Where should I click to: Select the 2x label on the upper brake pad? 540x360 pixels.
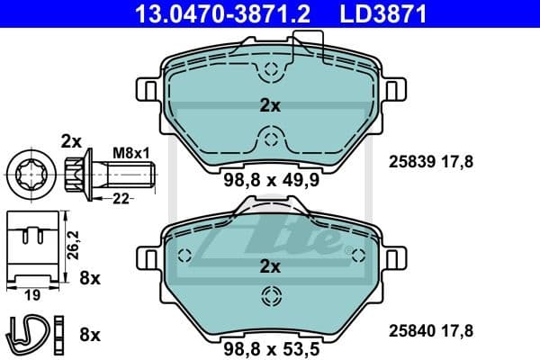270,105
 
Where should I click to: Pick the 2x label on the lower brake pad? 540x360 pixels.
270,266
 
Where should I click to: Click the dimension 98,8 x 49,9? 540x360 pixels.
270,179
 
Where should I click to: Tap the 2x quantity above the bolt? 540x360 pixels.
71,139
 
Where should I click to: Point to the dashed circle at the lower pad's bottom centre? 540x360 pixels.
270,296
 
